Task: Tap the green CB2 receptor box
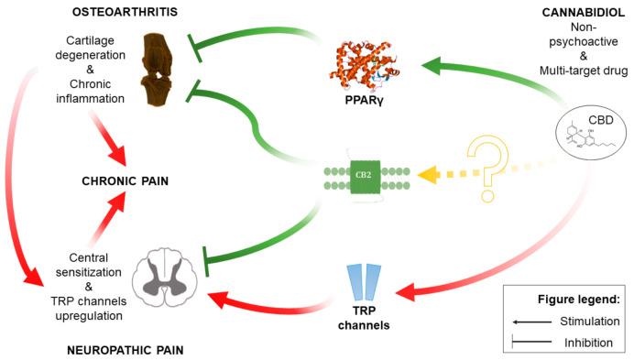point(365,177)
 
